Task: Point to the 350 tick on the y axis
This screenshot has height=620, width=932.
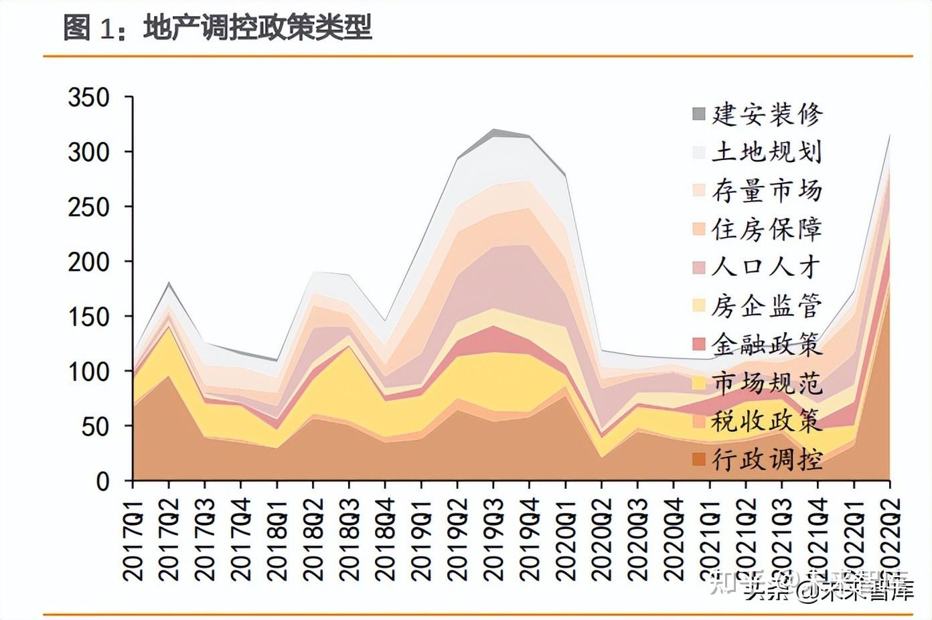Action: click(88, 98)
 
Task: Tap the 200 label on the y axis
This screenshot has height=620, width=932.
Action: click(88, 262)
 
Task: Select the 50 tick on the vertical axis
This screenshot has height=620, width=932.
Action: click(95, 427)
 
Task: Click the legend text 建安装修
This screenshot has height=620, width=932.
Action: click(767, 114)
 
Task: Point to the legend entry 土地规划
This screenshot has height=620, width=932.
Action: click(767, 153)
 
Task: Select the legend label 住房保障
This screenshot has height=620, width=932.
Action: click(767, 230)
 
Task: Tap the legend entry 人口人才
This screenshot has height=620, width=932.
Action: click(767, 268)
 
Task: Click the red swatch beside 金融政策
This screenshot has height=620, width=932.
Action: click(699, 345)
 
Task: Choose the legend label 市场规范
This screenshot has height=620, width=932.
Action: click(767, 383)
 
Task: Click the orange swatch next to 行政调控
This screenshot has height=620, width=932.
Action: click(699, 460)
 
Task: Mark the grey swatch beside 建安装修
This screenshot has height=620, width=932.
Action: click(699, 114)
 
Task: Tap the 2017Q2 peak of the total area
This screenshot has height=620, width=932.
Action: click(169, 283)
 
